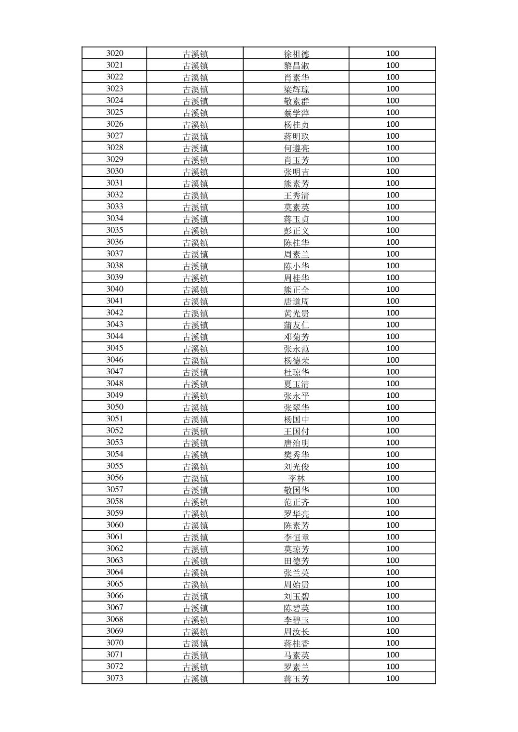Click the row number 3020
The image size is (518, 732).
(x=115, y=53)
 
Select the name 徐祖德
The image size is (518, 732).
(x=296, y=54)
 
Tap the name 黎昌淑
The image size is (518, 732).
(x=296, y=65)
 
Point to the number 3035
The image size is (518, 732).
(x=115, y=230)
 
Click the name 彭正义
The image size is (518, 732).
(x=296, y=231)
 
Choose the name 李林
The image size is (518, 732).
(x=296, y=478)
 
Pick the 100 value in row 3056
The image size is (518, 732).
(x=393, y=478)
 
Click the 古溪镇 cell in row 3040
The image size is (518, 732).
(x=195, y=289)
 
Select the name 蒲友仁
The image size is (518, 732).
(x=296, y=325)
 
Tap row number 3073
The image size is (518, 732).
(x=115, y=678)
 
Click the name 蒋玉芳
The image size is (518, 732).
(x=296, y=679)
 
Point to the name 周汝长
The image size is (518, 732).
(x=296, y=631)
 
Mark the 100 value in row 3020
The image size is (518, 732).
(x=393, y=53)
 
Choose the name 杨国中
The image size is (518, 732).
(x=296, y=419)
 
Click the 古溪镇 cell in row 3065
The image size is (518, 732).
(x=195, y=584)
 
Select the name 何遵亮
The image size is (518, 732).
(x=296, y=148)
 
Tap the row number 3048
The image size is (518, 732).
(x=115, y=383)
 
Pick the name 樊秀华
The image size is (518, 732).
(x=296, y=455)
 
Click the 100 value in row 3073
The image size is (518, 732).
(x=393, y=678)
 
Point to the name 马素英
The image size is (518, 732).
(x=296, y=655)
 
